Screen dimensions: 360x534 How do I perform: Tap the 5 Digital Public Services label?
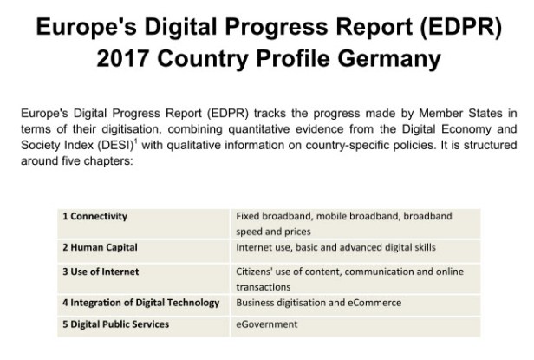[x=115, y=324]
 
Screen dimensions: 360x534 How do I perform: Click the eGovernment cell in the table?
[x=266, y=324]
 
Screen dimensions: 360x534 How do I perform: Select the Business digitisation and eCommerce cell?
[x=318, y=303]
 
